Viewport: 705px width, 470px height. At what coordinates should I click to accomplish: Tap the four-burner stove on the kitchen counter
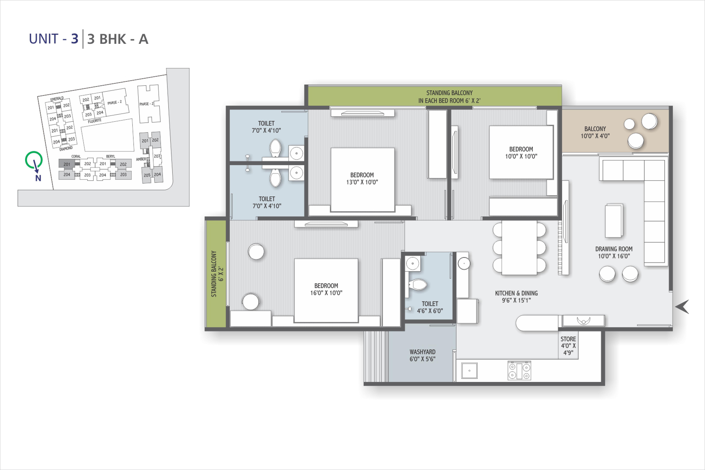tap(519, 371)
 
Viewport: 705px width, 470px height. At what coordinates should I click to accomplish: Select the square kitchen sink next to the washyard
tap(469, 371)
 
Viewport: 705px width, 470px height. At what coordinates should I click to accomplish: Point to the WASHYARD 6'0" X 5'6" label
tap(422, 355)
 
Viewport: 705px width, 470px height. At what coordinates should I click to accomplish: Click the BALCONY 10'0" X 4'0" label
tap(595, 132)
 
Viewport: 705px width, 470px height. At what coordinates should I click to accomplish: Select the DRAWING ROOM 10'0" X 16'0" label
tap(614, 252)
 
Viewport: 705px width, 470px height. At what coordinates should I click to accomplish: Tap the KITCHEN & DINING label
tap(516, 297)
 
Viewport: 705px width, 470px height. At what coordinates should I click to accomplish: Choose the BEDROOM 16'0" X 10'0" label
tap(326, 289)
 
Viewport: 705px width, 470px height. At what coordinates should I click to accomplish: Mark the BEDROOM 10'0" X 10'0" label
tap(521, 153)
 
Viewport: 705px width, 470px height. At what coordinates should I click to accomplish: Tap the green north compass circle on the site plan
tap(34, 160)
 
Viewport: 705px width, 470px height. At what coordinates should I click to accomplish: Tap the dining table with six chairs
tap(519, 248)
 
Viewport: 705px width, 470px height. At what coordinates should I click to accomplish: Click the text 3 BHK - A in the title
tap(118, 39)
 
